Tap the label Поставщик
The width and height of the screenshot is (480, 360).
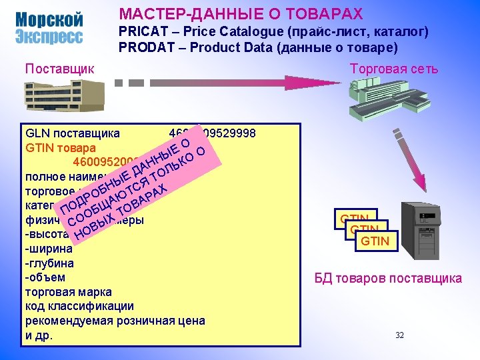(59, 68)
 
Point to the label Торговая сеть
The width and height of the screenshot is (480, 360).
(394, 68)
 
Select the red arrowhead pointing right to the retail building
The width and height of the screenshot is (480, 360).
(297, 83)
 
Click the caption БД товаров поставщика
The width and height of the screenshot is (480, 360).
(388, 278)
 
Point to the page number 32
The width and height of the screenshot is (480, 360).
(399, 335)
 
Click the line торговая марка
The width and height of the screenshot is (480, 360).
(68, 292)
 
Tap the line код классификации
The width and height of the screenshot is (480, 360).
(79, 307)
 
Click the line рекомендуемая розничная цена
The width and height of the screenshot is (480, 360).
(115, 321)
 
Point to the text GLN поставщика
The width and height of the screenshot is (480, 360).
(72, 133)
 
